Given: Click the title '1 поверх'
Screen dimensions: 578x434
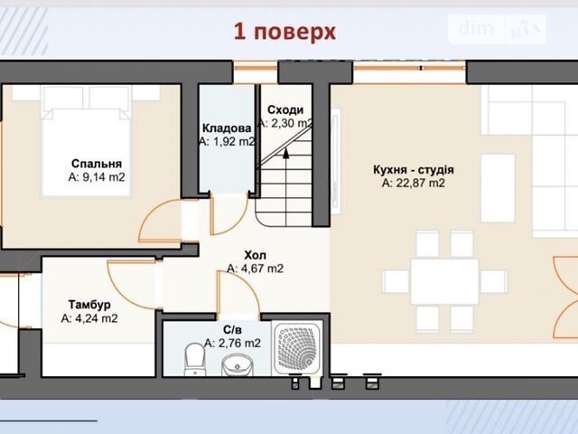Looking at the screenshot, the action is (285, 32).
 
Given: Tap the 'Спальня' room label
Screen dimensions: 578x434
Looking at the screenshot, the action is (97, 164).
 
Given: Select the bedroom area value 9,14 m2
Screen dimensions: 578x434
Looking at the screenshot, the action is (97, 177).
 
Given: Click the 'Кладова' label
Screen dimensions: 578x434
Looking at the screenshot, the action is (227, 128).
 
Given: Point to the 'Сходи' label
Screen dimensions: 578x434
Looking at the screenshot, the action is (285, 109).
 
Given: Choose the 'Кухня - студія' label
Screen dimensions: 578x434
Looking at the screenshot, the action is (414, 170).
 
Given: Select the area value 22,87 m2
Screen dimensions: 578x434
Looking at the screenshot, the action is (414, 183).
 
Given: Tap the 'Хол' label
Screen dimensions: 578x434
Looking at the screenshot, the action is (255, 255).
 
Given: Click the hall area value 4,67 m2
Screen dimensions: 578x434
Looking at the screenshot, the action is (255, 269).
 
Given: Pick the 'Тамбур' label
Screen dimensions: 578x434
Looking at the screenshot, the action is (89, 305).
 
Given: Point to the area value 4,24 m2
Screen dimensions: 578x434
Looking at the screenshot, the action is (89, 318).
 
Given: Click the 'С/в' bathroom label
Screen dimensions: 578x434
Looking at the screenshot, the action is (233, 329).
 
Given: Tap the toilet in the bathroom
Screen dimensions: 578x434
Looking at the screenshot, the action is (194, 359).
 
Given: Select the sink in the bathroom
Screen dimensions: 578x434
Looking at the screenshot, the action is (236, 365).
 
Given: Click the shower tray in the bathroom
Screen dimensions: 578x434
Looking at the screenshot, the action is (297, 347).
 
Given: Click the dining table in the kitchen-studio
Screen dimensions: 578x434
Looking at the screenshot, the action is (444, 281).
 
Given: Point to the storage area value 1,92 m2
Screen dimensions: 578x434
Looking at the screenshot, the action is (227, 141).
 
